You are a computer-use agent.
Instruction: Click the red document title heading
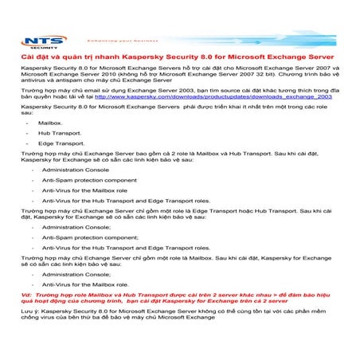(x=178, y=59)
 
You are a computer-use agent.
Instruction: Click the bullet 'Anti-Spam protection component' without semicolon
(x=89, y=180)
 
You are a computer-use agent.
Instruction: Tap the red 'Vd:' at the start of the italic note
(x=25, y=295)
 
